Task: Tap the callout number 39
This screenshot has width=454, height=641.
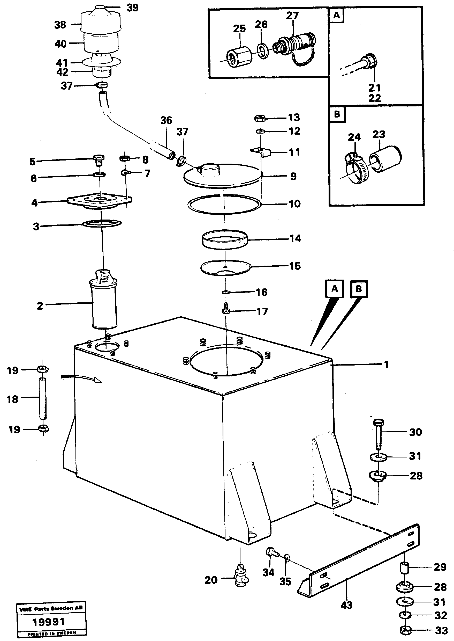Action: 133,8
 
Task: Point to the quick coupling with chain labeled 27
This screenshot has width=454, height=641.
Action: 295,45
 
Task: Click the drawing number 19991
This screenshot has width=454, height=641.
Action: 49,622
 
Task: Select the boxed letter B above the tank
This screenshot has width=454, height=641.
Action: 359,289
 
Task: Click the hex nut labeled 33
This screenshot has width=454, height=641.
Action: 405,630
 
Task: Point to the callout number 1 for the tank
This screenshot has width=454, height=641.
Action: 386,365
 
